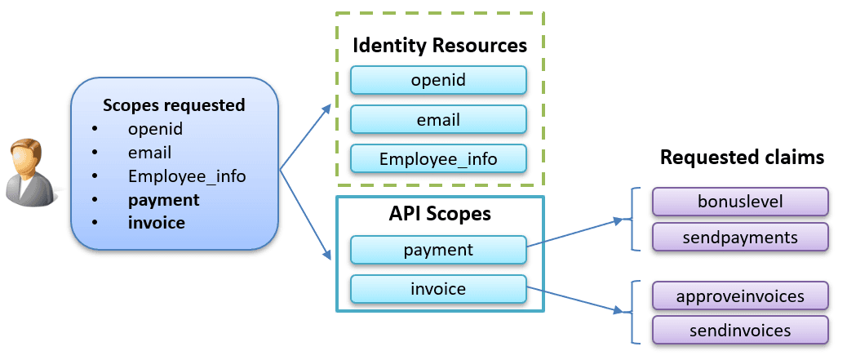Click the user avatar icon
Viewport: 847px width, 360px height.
[x=31, y=171]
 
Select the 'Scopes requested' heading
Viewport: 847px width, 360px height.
[x=174, y=105]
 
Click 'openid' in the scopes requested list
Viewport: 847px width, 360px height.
[x=155, y=129]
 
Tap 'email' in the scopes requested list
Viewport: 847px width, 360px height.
[x=149, y=153]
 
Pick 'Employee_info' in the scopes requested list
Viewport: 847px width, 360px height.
[x=187, y=176]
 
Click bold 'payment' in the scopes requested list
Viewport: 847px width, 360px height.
[x=164, y=200]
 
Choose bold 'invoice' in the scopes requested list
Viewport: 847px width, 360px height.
[x=157, y=223]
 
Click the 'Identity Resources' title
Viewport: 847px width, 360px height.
[x=439, y=45]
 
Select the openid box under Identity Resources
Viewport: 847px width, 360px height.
[x=438, y=80]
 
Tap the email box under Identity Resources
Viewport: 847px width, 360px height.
[x=438, y=120]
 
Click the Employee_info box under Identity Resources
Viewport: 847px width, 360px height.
[x=438, y=159]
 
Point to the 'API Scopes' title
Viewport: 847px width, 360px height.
[x=439, y=214]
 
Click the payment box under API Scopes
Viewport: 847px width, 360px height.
[x=438, y=250]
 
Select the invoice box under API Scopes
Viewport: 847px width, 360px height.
[x=438, y=289]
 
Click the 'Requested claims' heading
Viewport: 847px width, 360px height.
[x=742, y=158]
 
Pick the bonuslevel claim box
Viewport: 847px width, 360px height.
[x=740, y=200]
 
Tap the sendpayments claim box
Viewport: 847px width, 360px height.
[x=740, y=237]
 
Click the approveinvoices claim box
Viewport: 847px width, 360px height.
[x=740, y=295]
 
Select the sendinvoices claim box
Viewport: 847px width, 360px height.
[x=740, y=330]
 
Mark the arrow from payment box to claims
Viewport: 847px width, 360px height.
[x=575, y=233]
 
